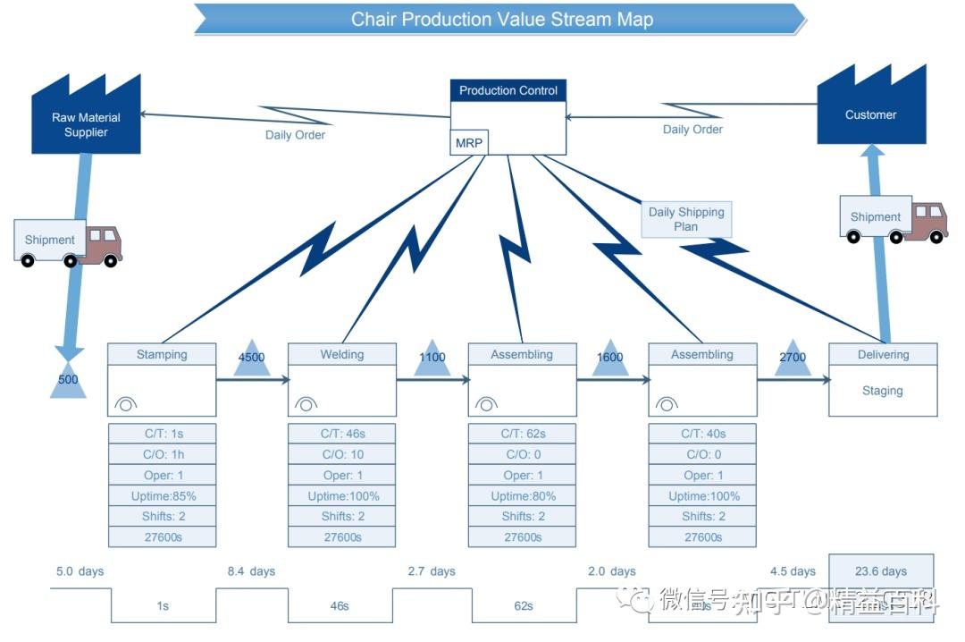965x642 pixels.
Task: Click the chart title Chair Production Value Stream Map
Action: tap(501, 19)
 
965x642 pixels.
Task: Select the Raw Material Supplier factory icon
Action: tap(86, 121)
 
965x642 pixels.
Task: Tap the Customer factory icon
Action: tap(870, 111)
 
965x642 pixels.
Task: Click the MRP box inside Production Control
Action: tap(469, 143)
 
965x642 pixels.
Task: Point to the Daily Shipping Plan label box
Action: tap(686, 219)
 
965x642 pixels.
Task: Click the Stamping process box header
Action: tap(162, 354)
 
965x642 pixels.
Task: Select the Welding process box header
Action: tap(342, 354)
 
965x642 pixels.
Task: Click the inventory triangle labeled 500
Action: tap(68, 382)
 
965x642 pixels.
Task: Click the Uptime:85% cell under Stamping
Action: tap(162, 495)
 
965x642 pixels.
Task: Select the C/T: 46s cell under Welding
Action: tap(342, 434)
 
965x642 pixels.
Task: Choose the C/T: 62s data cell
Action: tap(523, 434)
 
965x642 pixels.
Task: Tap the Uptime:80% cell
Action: tap(523, 495)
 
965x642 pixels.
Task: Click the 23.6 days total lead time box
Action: tap(880, 570)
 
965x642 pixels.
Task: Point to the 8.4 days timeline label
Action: tap(251, 570)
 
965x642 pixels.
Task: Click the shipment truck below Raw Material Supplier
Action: tap(69, 242)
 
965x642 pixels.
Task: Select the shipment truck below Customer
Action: tap(894, 219)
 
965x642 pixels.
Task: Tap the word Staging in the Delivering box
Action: tap(882, 391)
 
